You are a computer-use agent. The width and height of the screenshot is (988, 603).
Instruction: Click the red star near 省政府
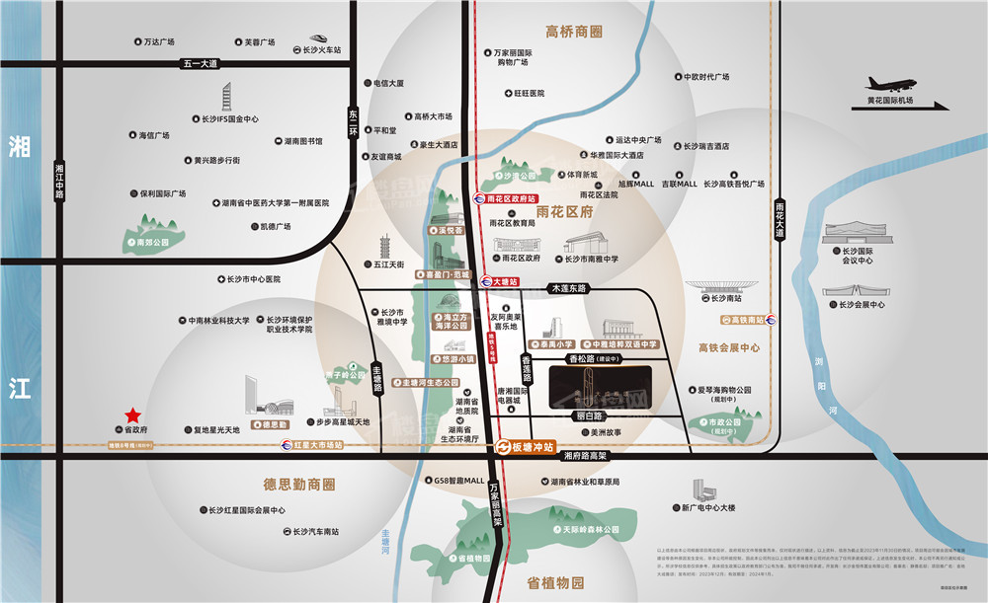(131, 415)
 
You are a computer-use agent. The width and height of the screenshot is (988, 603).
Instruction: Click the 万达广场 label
(158, 42)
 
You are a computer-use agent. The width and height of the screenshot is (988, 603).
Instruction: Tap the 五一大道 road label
(199, 63)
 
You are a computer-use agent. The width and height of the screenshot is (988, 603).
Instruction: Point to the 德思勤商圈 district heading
(286, 485)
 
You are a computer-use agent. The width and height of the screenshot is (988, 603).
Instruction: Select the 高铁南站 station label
(748, 320)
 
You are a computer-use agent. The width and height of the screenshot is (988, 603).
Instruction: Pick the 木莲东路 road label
(567, 288)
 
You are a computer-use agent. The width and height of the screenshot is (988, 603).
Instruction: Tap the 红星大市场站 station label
(317, 445)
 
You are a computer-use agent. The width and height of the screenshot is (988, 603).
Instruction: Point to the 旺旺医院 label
(529, 94)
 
